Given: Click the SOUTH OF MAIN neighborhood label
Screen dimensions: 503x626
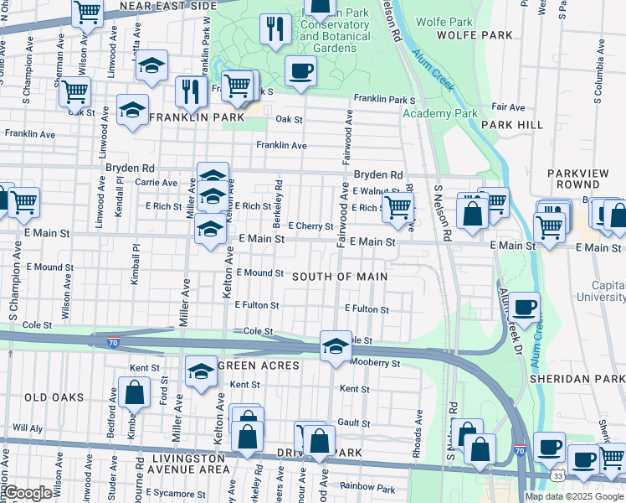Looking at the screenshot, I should tap(340, 277).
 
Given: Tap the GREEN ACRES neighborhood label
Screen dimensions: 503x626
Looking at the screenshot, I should tap(259, 366).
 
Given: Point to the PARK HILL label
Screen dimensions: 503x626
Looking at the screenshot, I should tap(518, 125).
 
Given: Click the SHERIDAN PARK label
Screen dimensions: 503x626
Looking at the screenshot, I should tap(577, 379).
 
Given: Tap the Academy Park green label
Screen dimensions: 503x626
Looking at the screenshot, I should tap(439, 113).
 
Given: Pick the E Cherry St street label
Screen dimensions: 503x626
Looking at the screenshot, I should tap(310, 226).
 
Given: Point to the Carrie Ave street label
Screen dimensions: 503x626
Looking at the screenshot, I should tap(156, 182).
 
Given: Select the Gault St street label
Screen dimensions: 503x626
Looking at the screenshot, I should tap(353, 423).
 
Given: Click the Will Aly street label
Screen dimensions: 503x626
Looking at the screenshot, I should tap(27, 427).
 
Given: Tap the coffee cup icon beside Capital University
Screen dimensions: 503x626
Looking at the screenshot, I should tap(525, 308).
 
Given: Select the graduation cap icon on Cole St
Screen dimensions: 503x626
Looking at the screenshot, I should tap(336, 346).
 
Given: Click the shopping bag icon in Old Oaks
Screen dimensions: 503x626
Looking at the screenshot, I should tap(134, 392).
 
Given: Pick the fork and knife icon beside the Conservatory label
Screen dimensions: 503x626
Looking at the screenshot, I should tap(275, 29).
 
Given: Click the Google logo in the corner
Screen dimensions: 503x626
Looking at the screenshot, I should tap(28, 493).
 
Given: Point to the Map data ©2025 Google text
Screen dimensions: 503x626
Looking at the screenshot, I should tap(574, 496).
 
